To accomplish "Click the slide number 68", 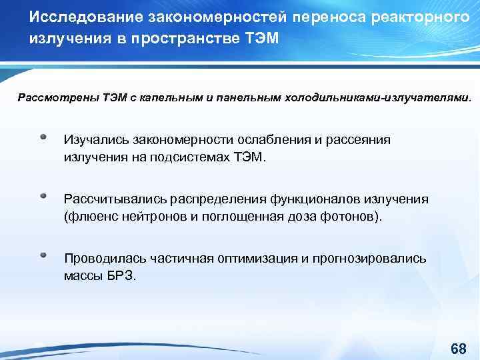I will tap(458, 349).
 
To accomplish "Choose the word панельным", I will tap(237, 98).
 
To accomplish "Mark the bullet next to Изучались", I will tap(43, 137).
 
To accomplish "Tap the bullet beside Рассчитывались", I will tap(43, 197).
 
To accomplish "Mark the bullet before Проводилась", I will tap(43, 255).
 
